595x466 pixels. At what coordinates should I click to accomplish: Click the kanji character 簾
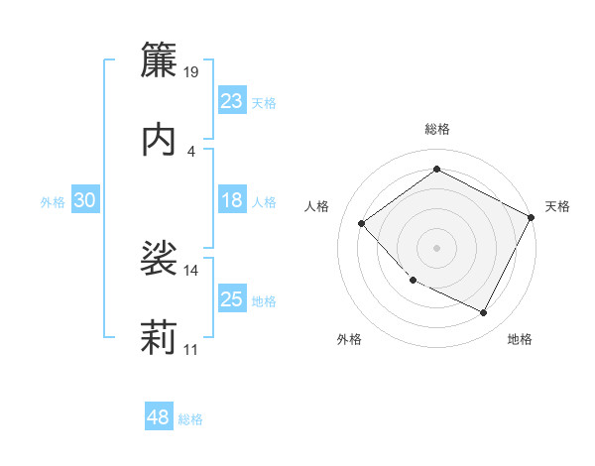click(x=159, y=60)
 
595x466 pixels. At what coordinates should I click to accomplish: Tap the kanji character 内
click(x=159, y=139)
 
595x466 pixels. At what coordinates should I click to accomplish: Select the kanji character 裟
click(x=159, y=258)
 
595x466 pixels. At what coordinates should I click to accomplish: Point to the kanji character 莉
click(x=159, y=337)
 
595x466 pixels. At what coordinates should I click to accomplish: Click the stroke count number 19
click(x=192, y=71)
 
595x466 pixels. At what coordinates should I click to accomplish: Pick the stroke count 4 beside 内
click(x=191, y=151)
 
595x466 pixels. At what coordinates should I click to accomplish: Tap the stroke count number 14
click(x=191, y=270)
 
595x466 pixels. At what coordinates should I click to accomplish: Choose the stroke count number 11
click(x=191, y=349)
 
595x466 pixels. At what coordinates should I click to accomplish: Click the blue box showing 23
click(x=231, y=101)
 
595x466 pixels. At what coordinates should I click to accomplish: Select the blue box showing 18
click(x=231, y=200)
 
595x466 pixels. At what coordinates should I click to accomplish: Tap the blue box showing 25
click(x=231, y=299)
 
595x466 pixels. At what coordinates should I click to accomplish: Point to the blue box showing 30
click(x=84, y=200)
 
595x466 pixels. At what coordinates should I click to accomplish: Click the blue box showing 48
click(x=159, y=418)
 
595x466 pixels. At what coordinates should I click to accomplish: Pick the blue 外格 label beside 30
click(x=53, y=202)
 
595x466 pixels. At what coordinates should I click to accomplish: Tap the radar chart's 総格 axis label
click(x=437, y=129)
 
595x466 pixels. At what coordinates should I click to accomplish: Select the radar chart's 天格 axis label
click(x=557, y=206)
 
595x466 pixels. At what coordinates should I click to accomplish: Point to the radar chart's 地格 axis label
click(x=520, y=340)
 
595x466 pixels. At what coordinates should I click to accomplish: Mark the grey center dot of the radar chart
click(x=436, y=247)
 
